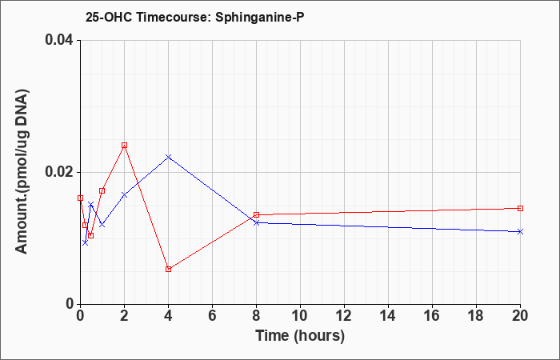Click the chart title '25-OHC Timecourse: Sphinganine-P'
pos(194,17)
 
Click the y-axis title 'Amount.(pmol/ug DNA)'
pos(22,172)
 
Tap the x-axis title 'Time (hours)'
pos(300,336)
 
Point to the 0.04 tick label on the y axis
pos(59,40)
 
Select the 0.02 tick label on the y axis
pos(59,172)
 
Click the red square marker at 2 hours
pos(124,146)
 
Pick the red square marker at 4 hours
pos(169,270)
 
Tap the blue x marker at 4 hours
pos(169,157)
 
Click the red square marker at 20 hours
pos(520,208)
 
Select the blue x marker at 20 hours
pos(520,232)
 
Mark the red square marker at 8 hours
pos(257,214)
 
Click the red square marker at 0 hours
pos(80,198)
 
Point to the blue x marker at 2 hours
pos(124,194)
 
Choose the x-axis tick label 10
pos(300,316)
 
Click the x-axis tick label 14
pos(388,316)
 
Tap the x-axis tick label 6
pos(213,316)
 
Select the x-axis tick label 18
pos(476,316)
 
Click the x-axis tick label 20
pos(520,316)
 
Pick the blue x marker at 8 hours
pos(257,222)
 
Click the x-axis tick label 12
pos(344,316)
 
